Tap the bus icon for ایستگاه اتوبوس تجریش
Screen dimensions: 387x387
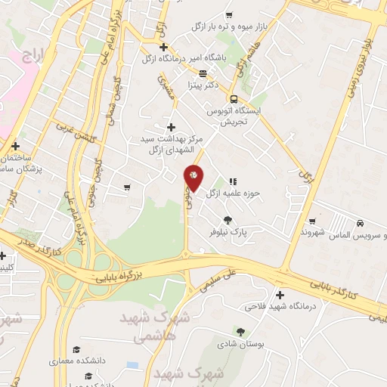234,99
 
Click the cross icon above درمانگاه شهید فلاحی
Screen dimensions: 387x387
280,295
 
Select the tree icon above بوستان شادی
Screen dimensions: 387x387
240,331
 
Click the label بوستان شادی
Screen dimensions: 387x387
240,344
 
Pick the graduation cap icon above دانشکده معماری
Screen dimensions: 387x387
76,349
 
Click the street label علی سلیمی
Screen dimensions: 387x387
220,277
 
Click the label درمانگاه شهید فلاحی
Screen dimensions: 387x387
280,307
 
